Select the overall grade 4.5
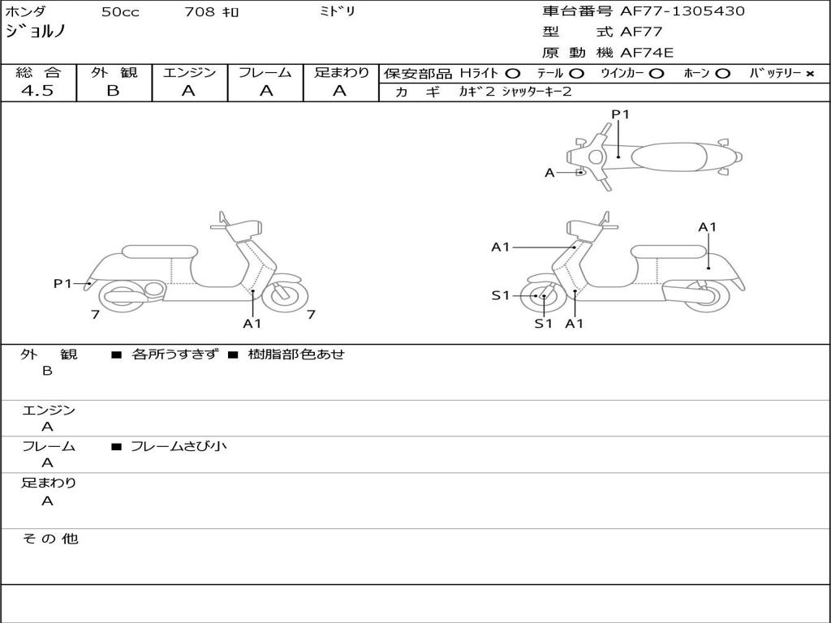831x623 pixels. coord(37,91)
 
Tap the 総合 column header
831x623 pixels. coord(37,73)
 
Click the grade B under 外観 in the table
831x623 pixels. coord(113,91)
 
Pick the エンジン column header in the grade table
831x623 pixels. coord(189,73)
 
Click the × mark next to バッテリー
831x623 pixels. coord(809,74)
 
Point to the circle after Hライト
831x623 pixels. coord(512,74)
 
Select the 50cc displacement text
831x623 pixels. coord(119,12)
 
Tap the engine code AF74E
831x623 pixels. coord(647,54)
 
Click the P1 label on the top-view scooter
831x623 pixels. coord(620,114)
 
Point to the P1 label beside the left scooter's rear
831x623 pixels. coord(63,283)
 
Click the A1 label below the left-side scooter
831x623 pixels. coord(252,324)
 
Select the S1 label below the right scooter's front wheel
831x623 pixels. coord(543,324)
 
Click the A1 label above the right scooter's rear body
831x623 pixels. coord(708,227)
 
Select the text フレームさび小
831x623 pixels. coord(179,446)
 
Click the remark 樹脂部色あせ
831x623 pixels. coord(296,354)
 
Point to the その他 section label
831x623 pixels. coord(50,539)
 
